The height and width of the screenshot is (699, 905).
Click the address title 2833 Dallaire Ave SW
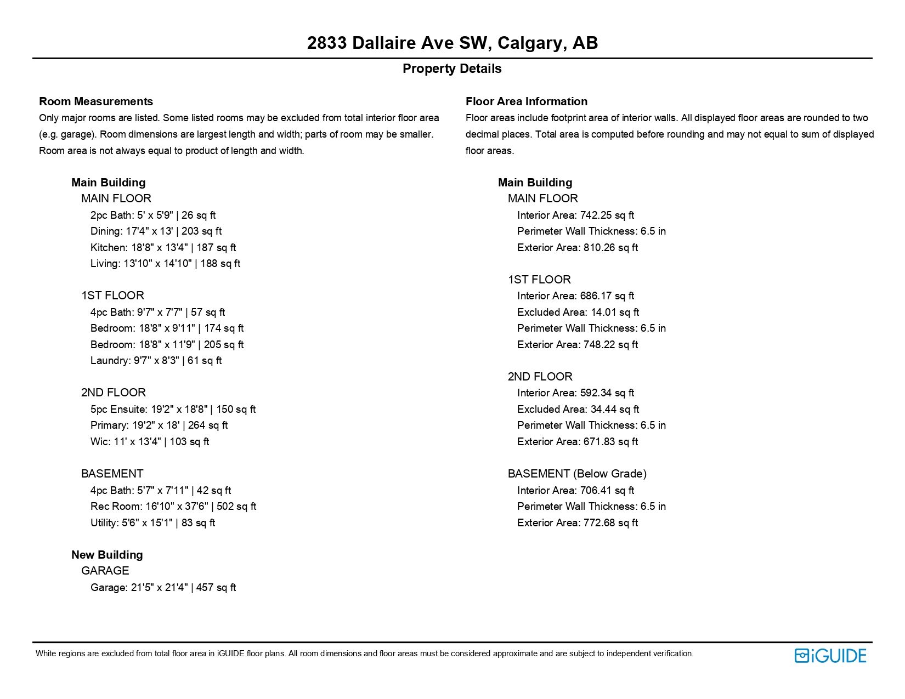pos(452,43)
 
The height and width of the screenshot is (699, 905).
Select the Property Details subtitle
pos(452,69)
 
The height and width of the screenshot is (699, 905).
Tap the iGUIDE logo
pos(830,656)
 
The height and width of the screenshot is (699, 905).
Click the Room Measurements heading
pos(96,101)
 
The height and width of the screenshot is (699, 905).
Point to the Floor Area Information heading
pos(526,101)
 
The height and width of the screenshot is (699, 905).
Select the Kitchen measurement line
pos(163,248)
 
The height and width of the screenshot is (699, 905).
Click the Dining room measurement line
pos(156,231)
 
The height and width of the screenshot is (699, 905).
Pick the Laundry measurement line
pos(156,361)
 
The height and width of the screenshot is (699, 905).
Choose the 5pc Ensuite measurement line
pos(173,410)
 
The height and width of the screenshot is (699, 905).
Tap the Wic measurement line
pos(150,442)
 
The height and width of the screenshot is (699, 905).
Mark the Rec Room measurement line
pos(173,507)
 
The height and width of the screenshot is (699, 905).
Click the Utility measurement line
pos(152,523)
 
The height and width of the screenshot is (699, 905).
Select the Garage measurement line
pos(163,588)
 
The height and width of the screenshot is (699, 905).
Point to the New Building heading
pos(107,555)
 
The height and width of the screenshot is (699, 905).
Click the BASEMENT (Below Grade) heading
pos(577,474)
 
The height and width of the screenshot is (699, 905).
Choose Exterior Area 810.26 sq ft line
pos(577,248)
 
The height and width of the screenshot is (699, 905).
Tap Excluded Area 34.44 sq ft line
pos(578,410)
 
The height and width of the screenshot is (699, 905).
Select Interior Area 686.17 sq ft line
pos(575,296)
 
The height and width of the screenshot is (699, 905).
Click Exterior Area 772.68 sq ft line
pos(577,523)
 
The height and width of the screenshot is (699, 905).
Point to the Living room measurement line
pos(165,264)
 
